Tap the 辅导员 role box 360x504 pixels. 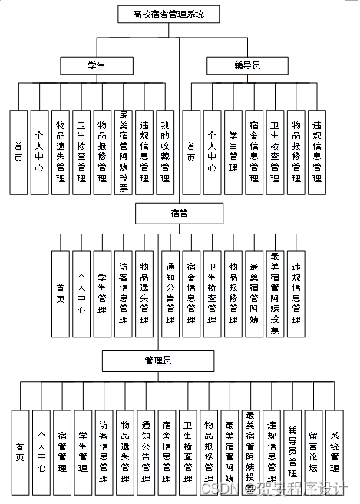[x=245, y=66]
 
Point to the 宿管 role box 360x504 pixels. [x=179, y=212]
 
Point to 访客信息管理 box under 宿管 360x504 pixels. [x=124, y=293]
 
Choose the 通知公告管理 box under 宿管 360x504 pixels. [x=170, y=293]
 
